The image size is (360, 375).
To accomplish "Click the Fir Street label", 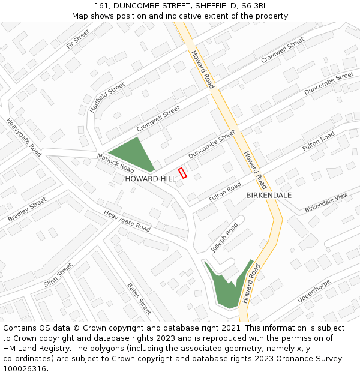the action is pos(78,38).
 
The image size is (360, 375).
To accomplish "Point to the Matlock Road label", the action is pos(116,162).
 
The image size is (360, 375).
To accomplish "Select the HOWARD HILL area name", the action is pos(150,179).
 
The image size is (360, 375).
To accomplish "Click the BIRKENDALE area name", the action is pos(269,196).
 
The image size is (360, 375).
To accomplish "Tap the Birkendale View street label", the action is pos(326,203).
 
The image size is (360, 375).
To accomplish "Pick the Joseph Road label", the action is pos(224,238).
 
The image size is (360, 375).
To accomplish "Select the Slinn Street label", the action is pos(58,275).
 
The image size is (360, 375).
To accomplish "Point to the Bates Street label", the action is pos(139,299).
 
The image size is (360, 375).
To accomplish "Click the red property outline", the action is pos(183,173).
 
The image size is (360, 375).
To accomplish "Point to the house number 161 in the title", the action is pos(102,5).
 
